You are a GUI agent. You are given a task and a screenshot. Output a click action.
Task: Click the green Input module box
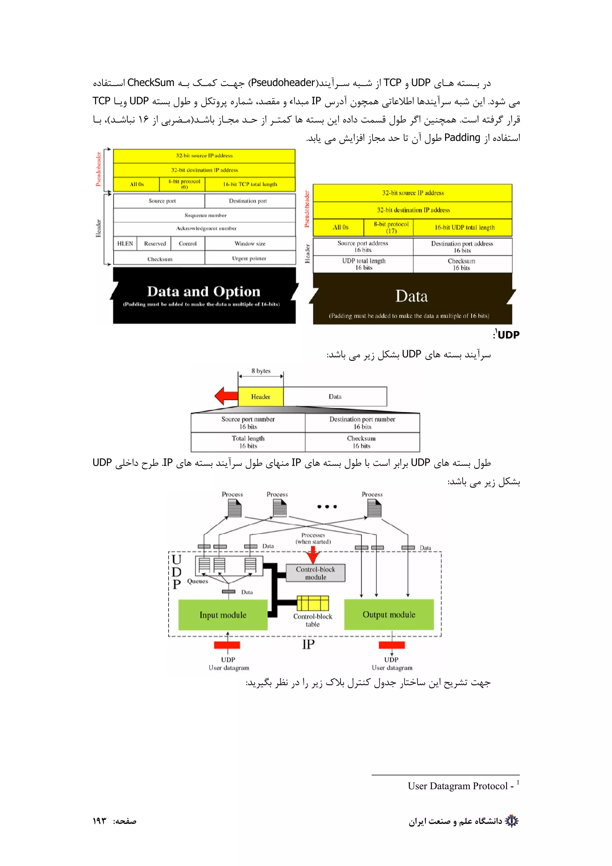(223, 614)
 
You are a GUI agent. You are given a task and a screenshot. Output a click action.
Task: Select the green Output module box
(389, 614)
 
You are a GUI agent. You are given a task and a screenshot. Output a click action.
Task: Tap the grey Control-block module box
(315, 573)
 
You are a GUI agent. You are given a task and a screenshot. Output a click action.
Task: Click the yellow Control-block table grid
(313, 603)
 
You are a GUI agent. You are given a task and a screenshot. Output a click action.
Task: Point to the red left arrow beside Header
(226, 396)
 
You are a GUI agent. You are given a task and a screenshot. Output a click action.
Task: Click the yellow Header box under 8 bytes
(261, 397)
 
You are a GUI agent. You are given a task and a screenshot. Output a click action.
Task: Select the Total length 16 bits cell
(248, 442)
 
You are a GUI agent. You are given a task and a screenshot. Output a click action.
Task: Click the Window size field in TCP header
(250, 244)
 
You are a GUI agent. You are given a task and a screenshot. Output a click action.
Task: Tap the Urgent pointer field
(249, 258)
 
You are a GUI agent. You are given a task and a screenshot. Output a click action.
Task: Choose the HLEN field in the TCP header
(125, 244)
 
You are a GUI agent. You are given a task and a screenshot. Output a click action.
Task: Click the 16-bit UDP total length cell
(464, 227)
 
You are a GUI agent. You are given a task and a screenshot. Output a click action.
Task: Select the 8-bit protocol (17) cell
(391, 227)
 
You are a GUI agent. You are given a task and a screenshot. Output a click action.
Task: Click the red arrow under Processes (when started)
(313, 555)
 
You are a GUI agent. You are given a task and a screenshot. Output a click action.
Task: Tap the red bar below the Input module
(227, 645)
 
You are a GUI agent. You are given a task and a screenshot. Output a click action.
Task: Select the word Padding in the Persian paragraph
(462, 138)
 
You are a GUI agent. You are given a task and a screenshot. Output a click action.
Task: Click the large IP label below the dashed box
(308, 645)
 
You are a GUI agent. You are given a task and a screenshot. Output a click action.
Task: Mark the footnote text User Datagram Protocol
(458, 786)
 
